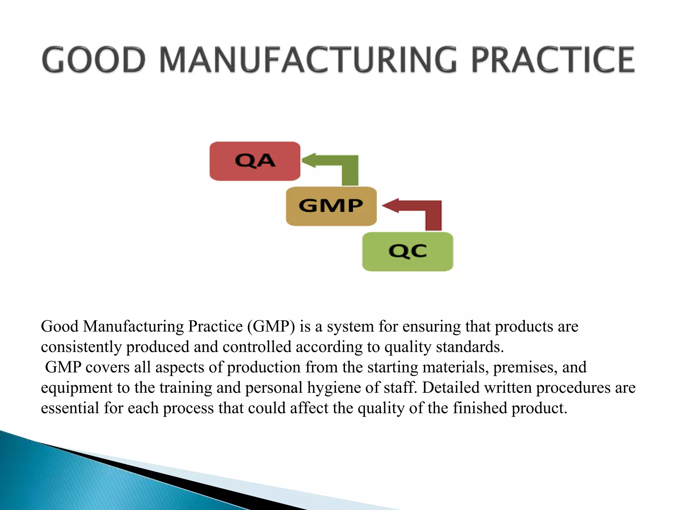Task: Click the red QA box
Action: (x=255, y=161)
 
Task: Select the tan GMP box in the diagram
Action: (x=331, y=206)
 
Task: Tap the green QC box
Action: (x=407, y=251)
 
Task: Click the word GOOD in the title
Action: (x=94, y=60)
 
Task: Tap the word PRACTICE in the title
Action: (x=553, y=60)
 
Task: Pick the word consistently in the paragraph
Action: (x=81, y=347)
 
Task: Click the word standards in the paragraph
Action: (x=469, y=347)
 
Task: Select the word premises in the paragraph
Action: (x=525, y=368)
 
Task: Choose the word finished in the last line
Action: (x=480, y=408)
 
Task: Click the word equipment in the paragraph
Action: (x=76, y=388)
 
